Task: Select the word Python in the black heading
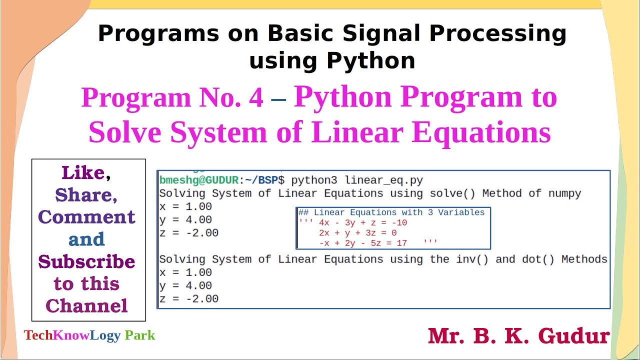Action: click(370, 61)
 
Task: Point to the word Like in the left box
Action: click(83, 173)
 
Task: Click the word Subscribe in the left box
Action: click(86, 261)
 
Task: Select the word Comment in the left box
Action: click(86, 217)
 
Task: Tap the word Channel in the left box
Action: click(86, 305)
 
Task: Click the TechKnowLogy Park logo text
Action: click(89, 335)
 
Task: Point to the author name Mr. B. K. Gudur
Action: click(518, 336)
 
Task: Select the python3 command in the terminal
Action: click(314, 180)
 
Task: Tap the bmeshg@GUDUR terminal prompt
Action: click(199, 180)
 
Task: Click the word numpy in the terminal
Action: click(564, 193)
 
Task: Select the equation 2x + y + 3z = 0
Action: click(357, 233)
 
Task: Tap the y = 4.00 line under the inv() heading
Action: click(185, 285)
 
